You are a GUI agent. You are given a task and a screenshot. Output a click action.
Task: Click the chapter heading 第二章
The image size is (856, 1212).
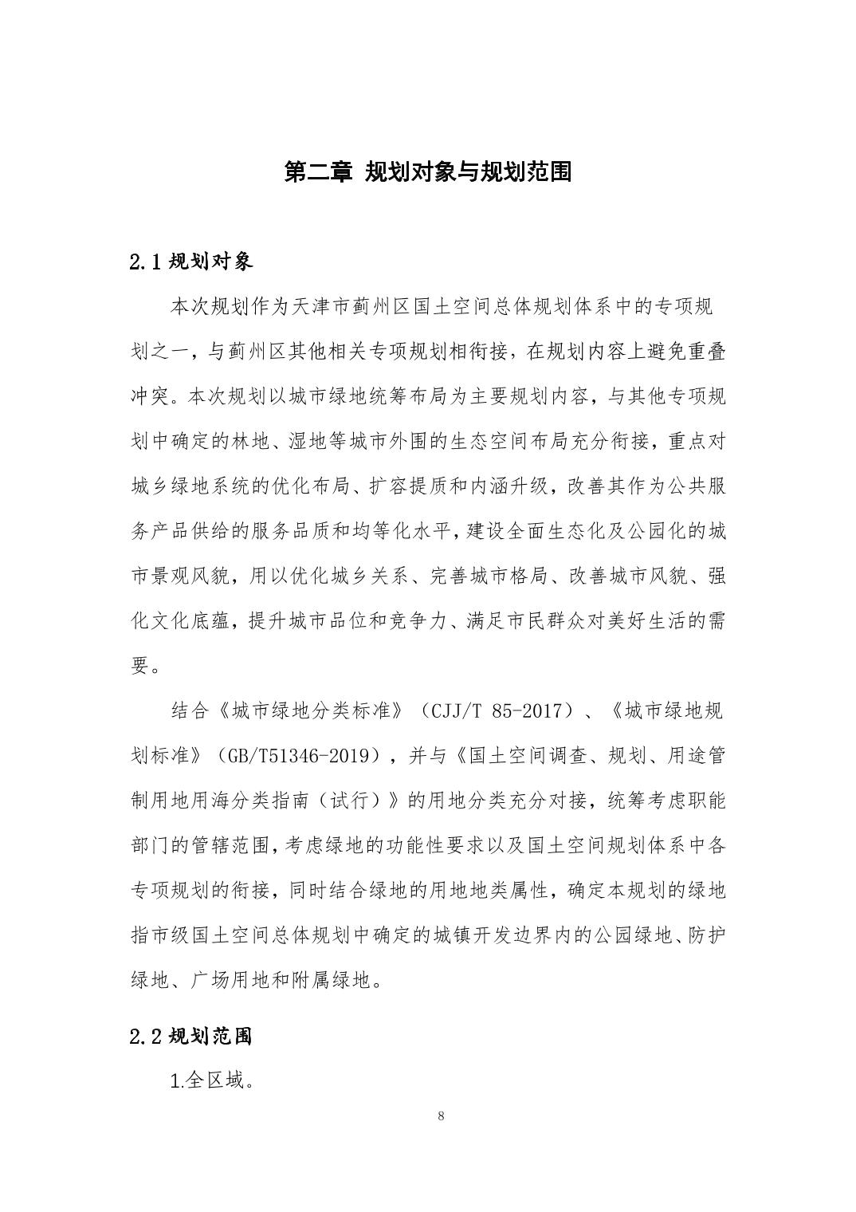[317, 171]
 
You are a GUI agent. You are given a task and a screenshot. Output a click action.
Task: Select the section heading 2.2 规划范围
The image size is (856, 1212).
[190, 1036]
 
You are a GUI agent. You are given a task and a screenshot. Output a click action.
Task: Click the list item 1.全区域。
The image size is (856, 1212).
[212, 1081]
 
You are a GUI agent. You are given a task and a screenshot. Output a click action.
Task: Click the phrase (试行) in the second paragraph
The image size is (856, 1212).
[348, 801]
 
